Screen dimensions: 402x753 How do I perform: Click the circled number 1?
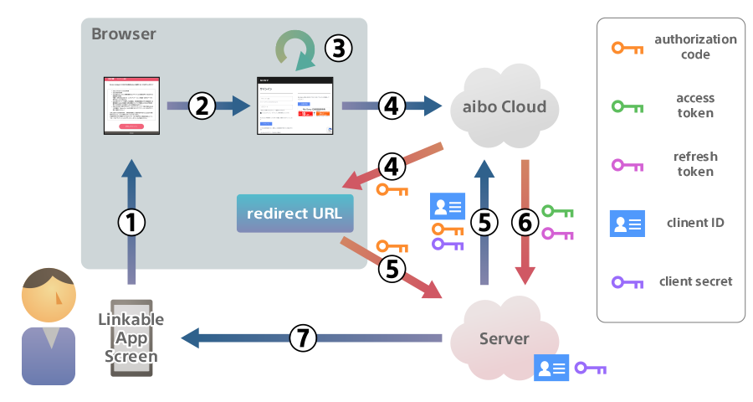[x=131, y=222]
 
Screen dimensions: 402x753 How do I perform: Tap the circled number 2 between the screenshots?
[x=202, y=106]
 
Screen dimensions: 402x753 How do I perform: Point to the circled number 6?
[x=525, y=222]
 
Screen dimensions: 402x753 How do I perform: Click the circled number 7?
[x=304, y=338]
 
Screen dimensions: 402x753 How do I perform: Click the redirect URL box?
[x=295, y=214]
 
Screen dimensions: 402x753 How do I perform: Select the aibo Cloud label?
[x=505, y=106]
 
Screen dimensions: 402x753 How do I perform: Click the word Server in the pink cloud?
[x=504, y=338]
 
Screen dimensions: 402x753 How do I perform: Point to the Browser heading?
[x=123, y=34]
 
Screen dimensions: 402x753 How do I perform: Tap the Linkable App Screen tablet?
[x=131, y=338]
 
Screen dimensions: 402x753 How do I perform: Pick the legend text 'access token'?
[x=695, y=106]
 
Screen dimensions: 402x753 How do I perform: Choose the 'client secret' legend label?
[x=695, y=281]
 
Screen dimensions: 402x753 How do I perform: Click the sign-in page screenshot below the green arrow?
[x=295, y=106]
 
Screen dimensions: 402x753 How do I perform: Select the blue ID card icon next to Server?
[x=551, y=367]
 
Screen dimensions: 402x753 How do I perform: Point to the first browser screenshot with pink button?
[x=131, y=106]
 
